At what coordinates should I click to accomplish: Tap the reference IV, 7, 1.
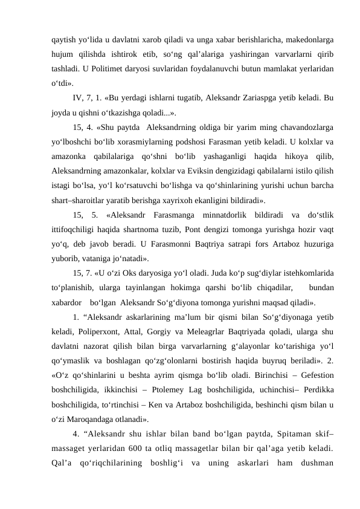tap(88, 97)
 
